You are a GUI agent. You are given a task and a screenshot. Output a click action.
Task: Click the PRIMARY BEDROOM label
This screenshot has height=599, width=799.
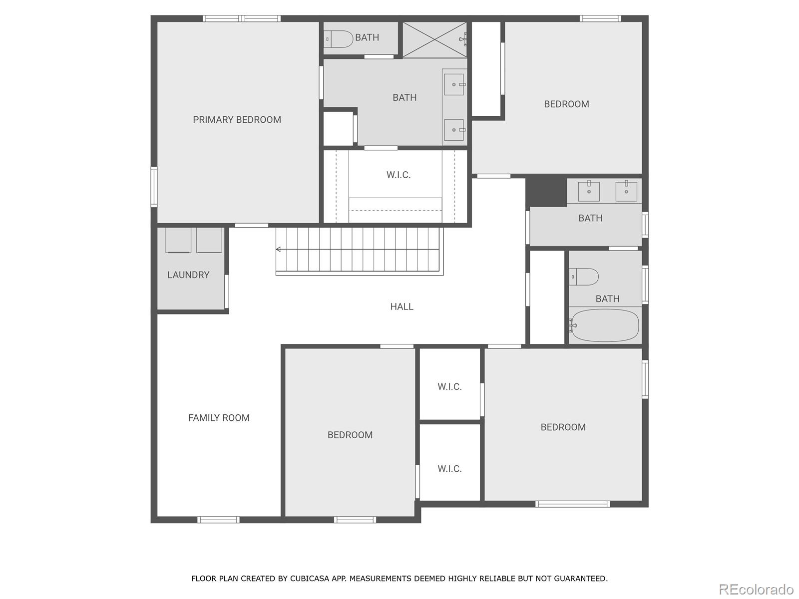pos(237,120)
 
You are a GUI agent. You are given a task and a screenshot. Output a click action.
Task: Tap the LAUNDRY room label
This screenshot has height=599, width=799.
pos(188,275)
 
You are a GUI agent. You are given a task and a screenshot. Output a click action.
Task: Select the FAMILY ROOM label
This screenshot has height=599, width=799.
pos(219,418)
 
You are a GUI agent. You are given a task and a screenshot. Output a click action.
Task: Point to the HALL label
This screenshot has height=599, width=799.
pos(401,307)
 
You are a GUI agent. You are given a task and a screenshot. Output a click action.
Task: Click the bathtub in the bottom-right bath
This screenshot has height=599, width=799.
pos(604,325)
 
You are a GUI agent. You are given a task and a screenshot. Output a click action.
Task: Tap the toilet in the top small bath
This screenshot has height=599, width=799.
pos(339,39)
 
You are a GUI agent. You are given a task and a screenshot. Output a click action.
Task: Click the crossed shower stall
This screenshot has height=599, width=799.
pos(434,39)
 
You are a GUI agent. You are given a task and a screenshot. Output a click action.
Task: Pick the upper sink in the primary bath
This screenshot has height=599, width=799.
pos(454,84)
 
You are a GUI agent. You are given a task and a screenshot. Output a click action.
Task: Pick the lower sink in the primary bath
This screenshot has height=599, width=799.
pos(454,130)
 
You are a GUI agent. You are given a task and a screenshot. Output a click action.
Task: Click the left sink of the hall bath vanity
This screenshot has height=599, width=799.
pos(589,191)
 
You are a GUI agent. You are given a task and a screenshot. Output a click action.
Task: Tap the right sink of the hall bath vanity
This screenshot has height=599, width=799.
pos(626,191)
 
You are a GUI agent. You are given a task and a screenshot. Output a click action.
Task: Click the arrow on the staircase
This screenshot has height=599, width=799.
pos(279,249)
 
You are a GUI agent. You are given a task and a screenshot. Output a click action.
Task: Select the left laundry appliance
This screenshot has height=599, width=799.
pos(178,240)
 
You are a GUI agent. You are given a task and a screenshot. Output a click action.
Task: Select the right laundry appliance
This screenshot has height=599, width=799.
pos(209,240)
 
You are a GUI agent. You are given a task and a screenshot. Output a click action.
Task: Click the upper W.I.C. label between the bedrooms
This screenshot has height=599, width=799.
pos(449,387)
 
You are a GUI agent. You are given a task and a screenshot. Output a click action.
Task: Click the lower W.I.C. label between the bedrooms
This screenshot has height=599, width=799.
pos(449,469)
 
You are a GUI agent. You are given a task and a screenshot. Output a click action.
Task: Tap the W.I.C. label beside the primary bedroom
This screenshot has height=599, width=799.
pos(399,175)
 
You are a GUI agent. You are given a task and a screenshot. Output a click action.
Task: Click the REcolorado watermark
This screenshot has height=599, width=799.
pos(756,590)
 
